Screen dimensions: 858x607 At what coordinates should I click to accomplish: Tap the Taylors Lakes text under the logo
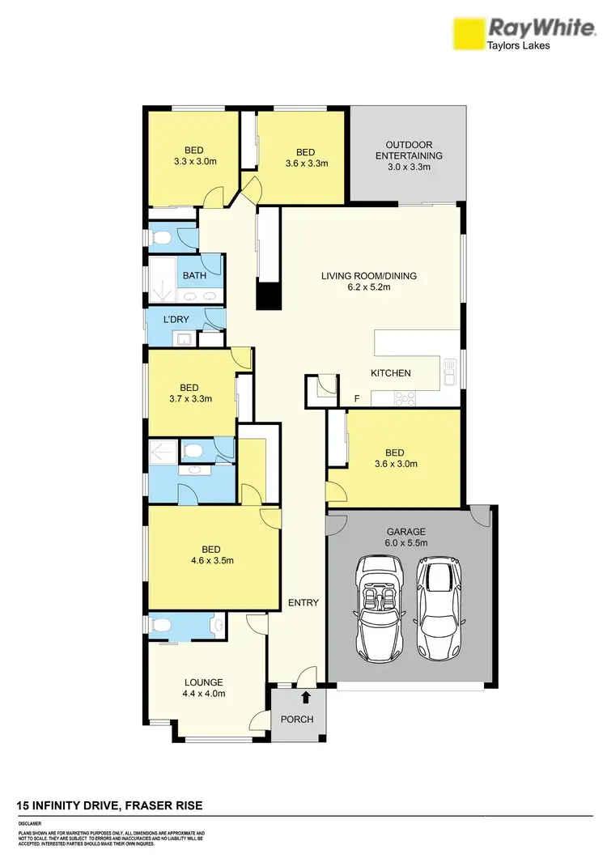coord(518,46)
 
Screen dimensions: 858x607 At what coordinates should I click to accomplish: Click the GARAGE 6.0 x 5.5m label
coord(405,538)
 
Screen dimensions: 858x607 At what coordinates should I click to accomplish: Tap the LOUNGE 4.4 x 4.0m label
coord(202,688)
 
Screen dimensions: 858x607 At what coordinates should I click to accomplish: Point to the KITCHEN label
coord(391,373)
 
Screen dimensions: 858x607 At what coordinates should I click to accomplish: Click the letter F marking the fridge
coord(357,399)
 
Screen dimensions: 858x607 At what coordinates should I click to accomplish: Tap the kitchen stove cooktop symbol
coord(403,397)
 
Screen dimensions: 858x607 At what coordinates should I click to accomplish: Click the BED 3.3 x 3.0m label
coord(193,155)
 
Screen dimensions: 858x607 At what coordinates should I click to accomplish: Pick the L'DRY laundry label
coord(176,320)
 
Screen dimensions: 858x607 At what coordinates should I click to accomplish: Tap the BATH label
coord(194,275)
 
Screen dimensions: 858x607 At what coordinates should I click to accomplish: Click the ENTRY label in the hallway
coord(303,603)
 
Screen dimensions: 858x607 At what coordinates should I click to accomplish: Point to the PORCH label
coord(298,720)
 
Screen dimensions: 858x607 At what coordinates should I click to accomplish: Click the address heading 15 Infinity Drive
coord(110,805)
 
